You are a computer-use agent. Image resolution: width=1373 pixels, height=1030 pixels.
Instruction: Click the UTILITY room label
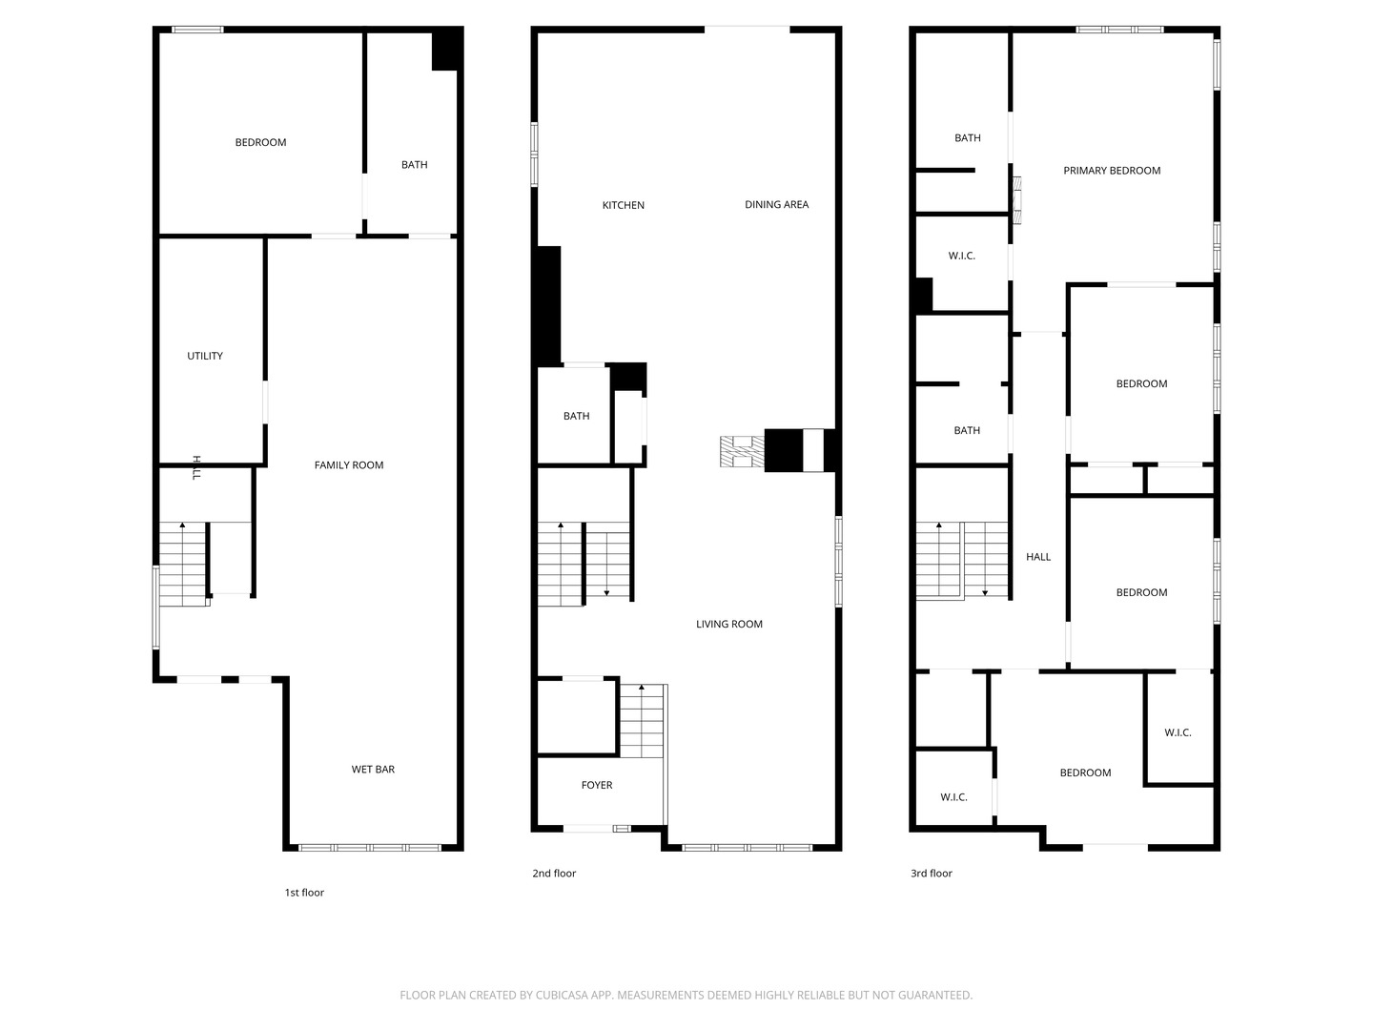[205, 356]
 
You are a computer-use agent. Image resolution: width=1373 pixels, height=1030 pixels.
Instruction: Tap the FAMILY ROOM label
[349, 465]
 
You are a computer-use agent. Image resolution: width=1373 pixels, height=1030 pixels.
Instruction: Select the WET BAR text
[373, 770]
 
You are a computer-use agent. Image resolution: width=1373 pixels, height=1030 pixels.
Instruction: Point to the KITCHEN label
[624, 205]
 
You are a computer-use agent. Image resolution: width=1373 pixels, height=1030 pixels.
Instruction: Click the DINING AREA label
[776, 204]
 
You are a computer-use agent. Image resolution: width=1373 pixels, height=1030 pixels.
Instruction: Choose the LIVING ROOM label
[729, 624]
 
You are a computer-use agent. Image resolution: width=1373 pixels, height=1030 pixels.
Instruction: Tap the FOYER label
[597, 785]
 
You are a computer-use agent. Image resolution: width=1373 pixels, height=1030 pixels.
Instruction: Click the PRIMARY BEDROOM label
[1112, 171]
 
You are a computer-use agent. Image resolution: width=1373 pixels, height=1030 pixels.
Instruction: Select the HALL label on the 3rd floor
[1038, 557]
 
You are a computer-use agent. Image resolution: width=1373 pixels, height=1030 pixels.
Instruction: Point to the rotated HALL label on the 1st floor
[196, 467]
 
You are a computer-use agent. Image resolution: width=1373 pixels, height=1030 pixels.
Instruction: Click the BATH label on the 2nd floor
[576, 416]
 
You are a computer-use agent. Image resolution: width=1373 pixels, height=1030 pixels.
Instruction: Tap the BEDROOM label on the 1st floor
[260, 142]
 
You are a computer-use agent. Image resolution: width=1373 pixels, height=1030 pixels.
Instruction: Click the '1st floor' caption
[304, 893]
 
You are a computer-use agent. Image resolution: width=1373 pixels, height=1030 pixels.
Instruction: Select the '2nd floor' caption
[554, 873]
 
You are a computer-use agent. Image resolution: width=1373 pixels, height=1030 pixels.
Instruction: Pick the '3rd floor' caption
[932, 873]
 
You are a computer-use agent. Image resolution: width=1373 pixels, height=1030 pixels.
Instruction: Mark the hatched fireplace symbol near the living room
[742, 452]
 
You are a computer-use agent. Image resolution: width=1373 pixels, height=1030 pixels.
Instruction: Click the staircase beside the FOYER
[643, 721]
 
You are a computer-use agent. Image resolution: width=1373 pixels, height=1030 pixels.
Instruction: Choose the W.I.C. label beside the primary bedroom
[961, 256]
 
